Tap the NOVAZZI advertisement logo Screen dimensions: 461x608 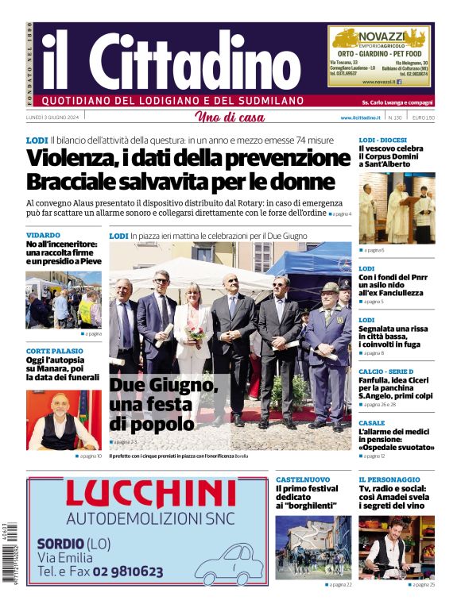pyautogui.click(x=380, y=38)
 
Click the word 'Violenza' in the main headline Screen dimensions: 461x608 pyautogui.click(x=76, y=158)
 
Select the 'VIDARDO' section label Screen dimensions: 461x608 pyautogui.click(x=43, y=236)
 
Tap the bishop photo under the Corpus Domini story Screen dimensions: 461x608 pyautogui.click(x=397, y=208)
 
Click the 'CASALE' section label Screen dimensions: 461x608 pyautogui.click(x=371, y=423)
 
